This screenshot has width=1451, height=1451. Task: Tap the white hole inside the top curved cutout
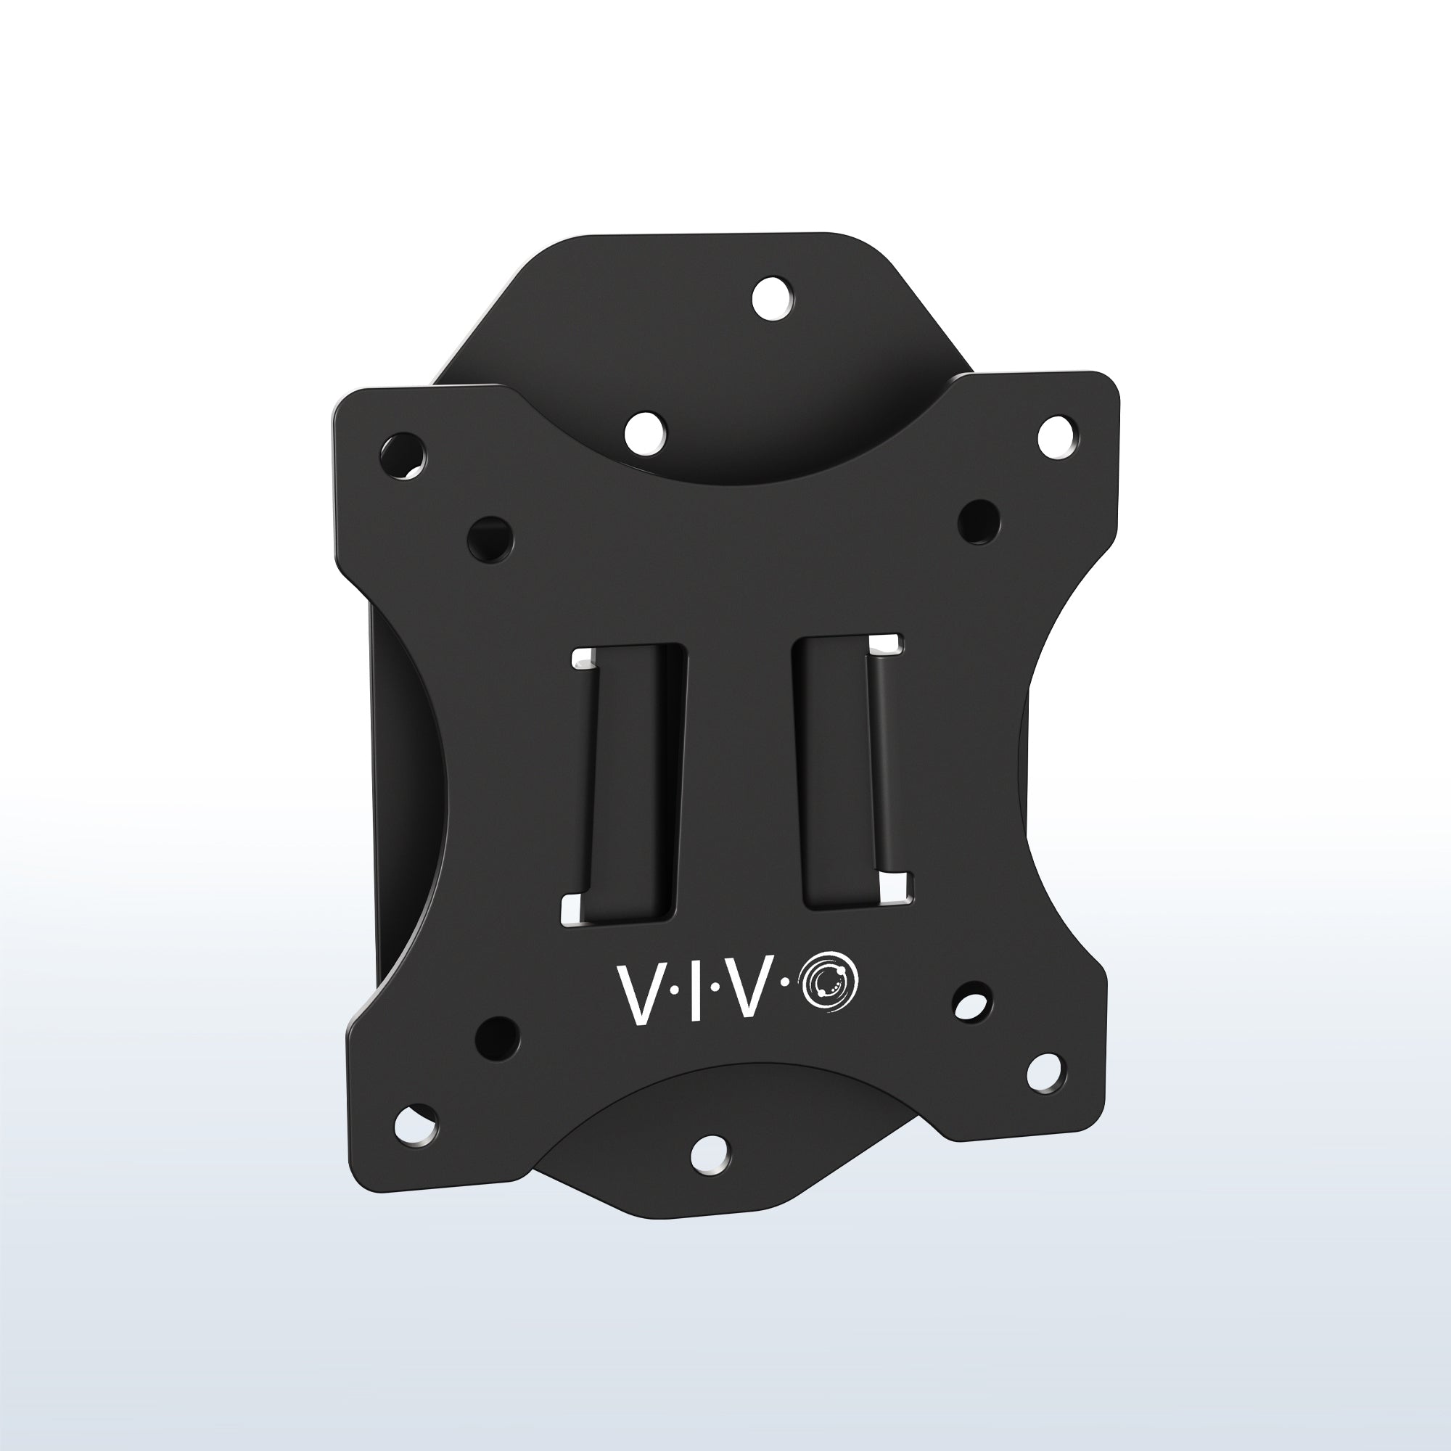645,432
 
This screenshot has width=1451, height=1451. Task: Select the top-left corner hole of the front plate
403,454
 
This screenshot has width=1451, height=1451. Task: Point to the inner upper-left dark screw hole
490,538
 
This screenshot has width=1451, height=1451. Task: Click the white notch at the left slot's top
583,661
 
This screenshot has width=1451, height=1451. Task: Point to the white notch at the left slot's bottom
571,909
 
